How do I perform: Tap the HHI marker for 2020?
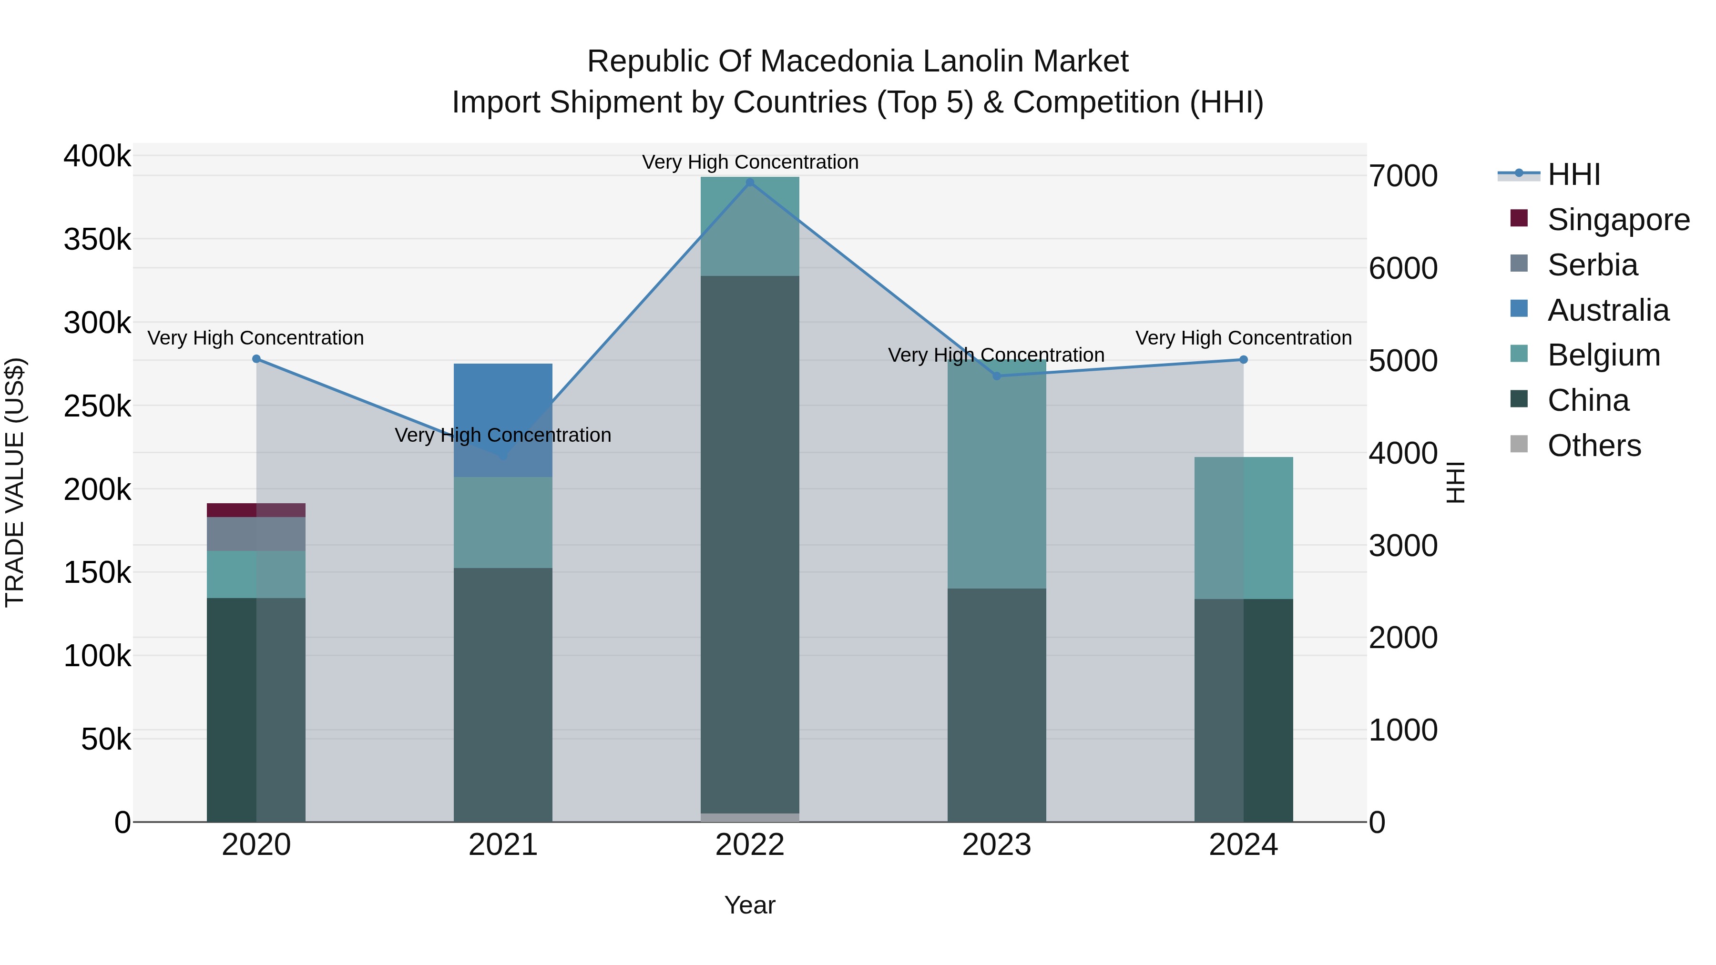coord(256,359)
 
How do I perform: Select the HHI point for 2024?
coord(1243,360)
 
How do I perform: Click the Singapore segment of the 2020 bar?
coord(256,510)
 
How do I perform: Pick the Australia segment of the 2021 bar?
coord(503,413)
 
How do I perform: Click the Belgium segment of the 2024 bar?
coord(1243,528)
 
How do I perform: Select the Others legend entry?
coord(1593,446)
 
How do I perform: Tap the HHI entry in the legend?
coord(1573,174)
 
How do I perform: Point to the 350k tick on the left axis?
coord(97,239)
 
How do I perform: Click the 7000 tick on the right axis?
coord(1403,176)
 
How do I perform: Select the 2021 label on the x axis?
coord(503,845)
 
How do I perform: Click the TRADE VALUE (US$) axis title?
coord(15,482)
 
